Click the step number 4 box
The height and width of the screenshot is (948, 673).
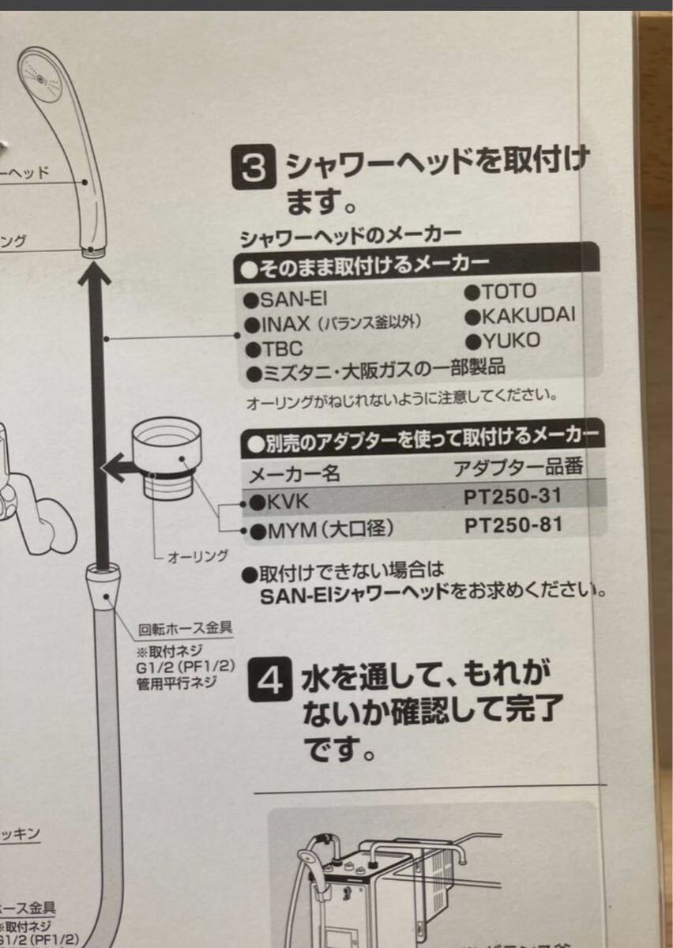pos(270,680)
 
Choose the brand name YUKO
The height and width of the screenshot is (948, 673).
pos(506,340)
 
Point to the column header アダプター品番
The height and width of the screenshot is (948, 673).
pos(518,467)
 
